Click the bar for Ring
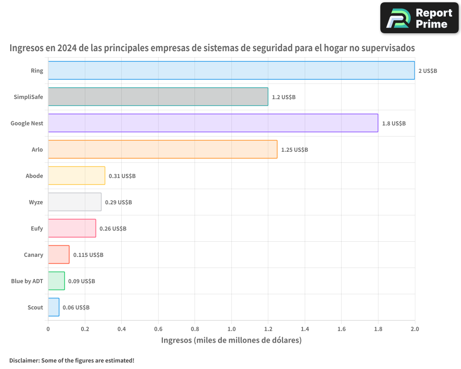[x=231, y=71]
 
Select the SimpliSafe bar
[x=158, y=97]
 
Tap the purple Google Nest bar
[x=213, y=123]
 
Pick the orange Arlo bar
[x=163, y=149]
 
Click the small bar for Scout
[x=53, y=307]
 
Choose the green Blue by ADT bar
[x=56, y=281]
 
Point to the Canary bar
[x=59, y=255]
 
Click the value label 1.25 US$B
[x=294, y=150]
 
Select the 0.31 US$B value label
[x=122, y=176]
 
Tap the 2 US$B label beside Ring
[x=427, y=71]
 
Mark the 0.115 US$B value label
[x=88, y=255]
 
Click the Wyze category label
[x=35, y=202]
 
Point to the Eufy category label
[x=36, y=228]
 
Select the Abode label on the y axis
[x=35, y=176]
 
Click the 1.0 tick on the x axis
[x=231, y=329]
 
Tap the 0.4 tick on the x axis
[x=121, y=329]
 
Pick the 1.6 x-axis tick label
[x=341, y=329]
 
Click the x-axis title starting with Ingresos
[x=231, y=340]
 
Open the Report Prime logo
[x=419, y=18]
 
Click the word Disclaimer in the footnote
[x=24, y=360]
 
